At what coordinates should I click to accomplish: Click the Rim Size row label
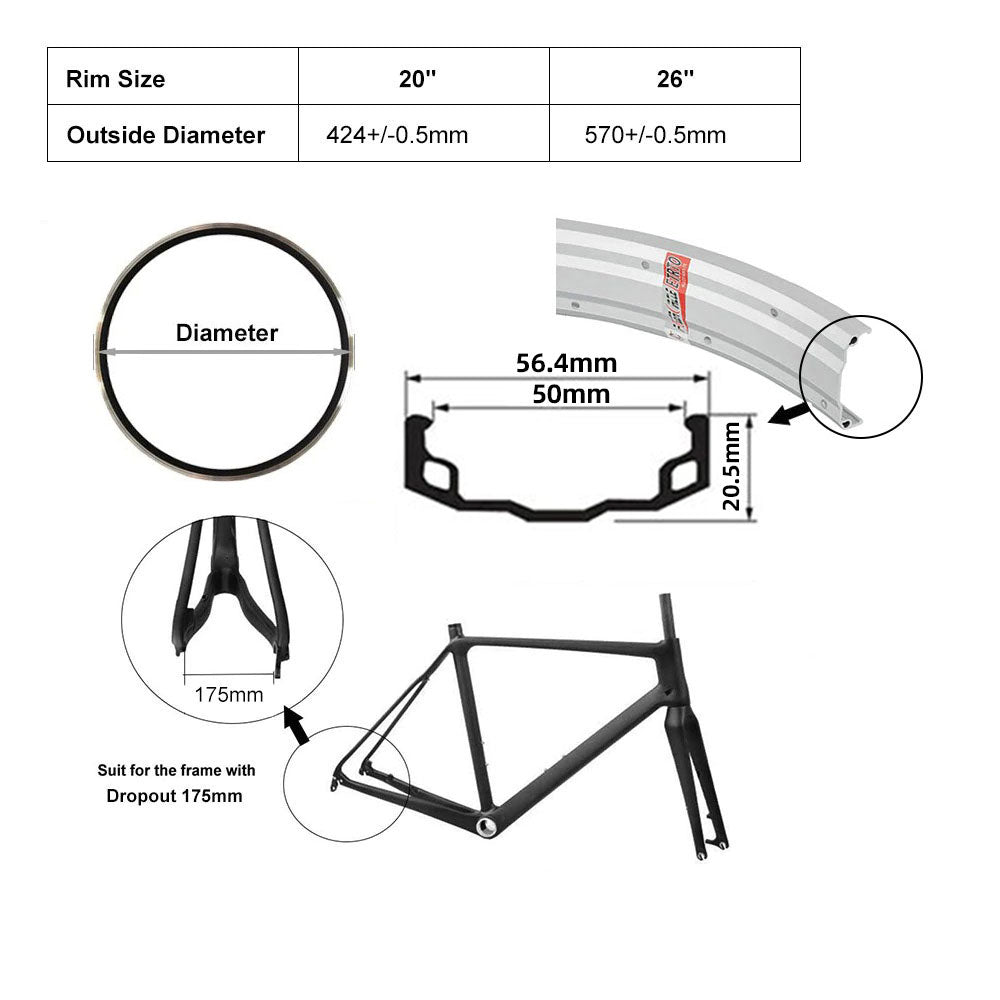click(x=116, y=78)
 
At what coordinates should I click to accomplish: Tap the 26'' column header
click(x=676, y=78)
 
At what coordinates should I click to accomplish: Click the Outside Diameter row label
click(x=166, y=134)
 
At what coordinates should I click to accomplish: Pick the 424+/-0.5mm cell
click(x=397, y=134)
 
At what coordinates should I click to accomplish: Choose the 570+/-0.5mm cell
click(x=655, y=134)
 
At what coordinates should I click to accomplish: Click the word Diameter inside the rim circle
click(x=227, y=333)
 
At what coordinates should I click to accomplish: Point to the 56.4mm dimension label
click(x=566, y=362)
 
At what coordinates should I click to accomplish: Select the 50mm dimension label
click(x=558, y=393)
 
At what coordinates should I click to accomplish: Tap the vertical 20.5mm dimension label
click(x=733, y=466)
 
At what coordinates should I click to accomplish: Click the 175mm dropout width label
click(x=229, y=693)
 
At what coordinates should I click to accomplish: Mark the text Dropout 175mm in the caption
click(x=174, y=797)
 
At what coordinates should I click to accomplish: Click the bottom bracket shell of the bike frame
click(x=486, y=825)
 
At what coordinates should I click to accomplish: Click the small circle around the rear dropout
click(x=346, y=781)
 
